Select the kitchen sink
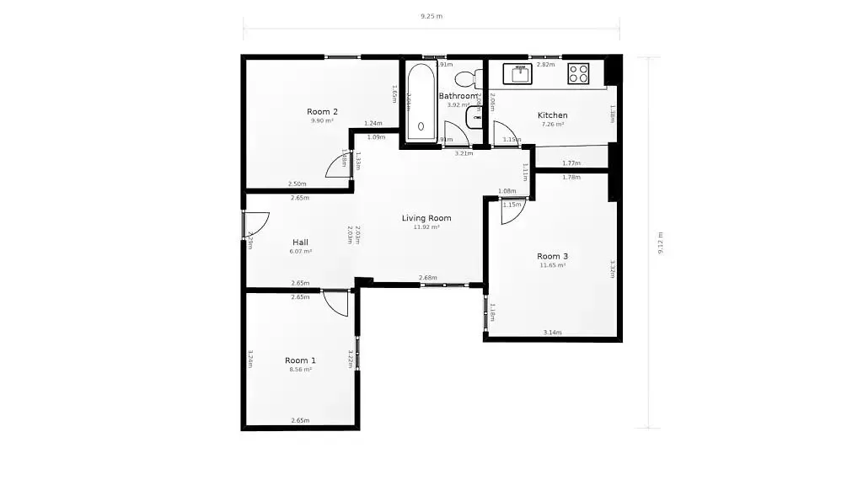518,73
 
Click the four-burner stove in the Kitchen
578,73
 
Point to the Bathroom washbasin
474,116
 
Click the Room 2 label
322,111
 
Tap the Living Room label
426,218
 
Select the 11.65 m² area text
552,265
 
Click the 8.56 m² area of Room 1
300,369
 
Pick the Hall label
300,242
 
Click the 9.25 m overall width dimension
431,16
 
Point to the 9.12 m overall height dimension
661,242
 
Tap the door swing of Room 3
511,211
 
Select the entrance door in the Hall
255,223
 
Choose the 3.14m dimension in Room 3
552,332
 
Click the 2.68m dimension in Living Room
427,278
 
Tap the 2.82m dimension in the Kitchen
545,64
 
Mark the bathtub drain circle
421,126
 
